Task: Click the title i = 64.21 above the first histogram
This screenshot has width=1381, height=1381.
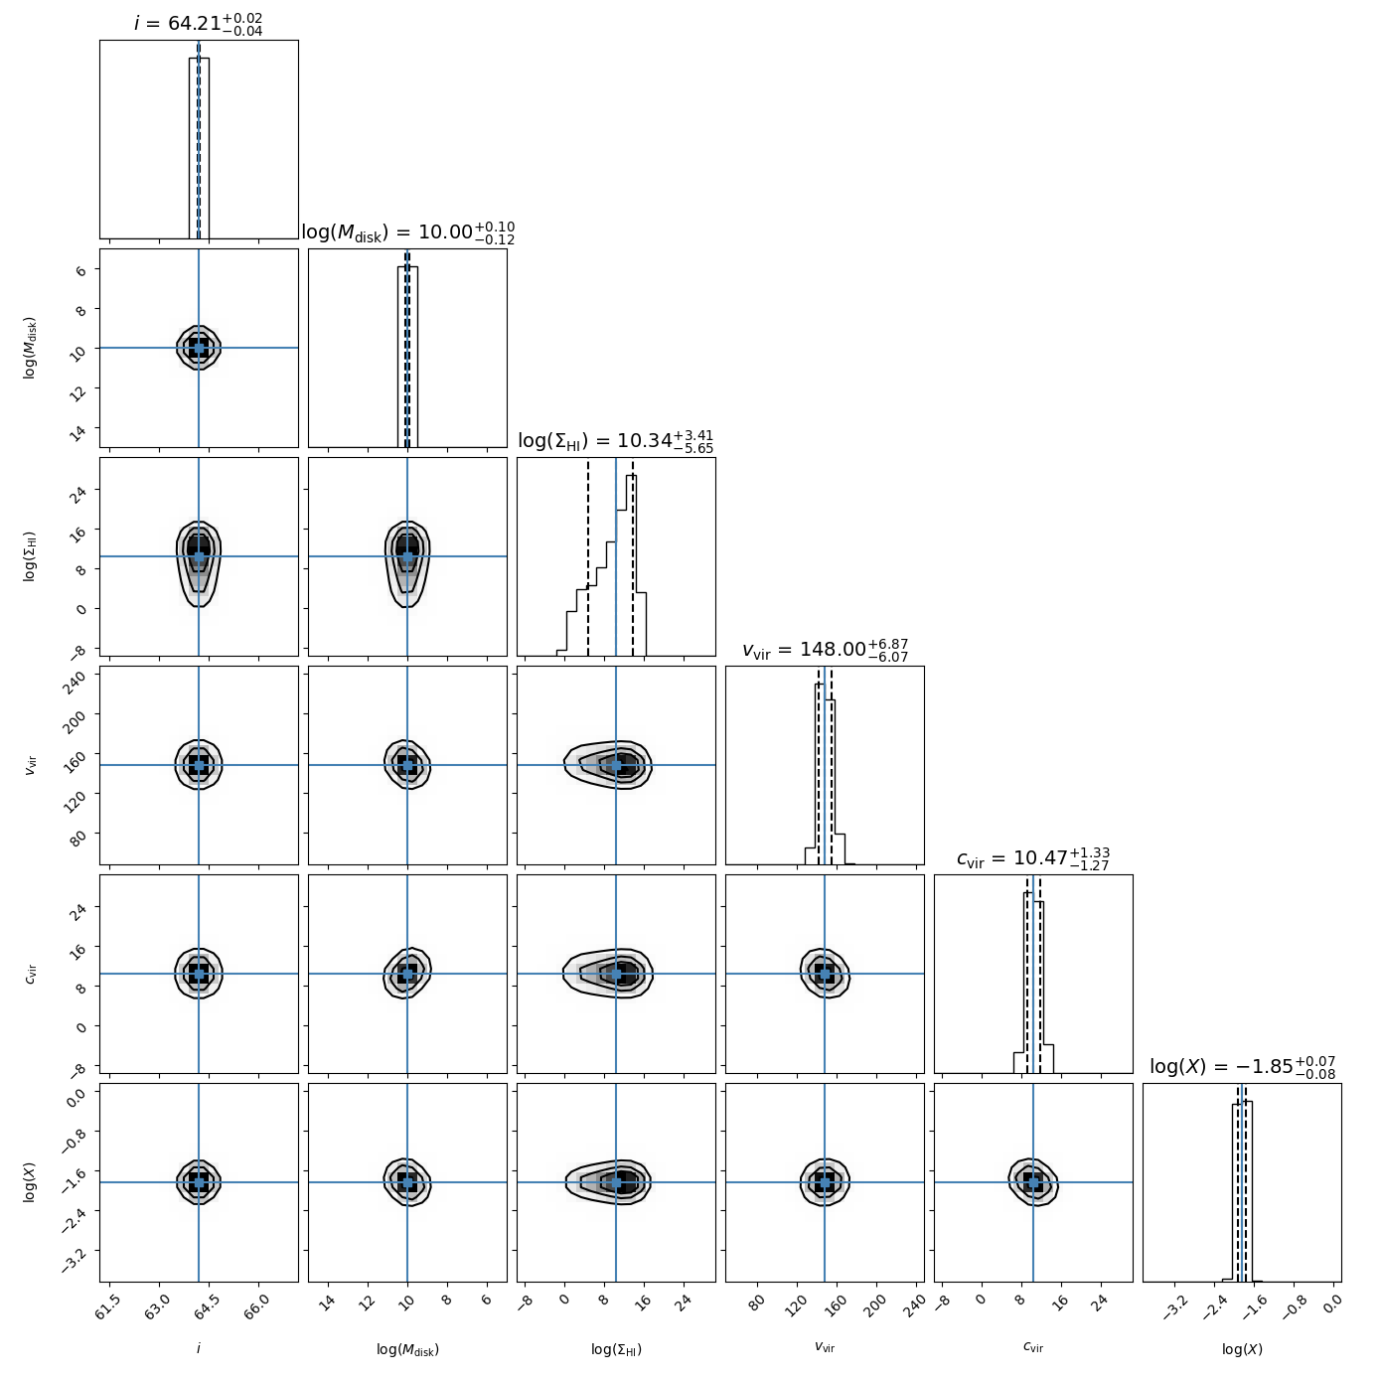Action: point(199,23)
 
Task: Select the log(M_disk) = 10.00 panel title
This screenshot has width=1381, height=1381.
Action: point(407,232)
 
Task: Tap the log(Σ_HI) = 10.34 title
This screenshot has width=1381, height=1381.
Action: point(616,441)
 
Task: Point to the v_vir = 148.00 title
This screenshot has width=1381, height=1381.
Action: point(825,650)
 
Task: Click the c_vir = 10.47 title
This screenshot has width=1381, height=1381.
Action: point(1033,858)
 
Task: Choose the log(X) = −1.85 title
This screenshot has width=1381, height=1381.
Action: point(1242,1067)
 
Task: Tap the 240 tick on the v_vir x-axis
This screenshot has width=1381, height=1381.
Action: point(912,1304)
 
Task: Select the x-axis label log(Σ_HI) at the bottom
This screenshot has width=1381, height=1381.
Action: point(616,1349)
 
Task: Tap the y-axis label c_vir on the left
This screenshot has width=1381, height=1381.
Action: point(31,974)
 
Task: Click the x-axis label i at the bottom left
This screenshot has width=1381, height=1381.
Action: point(199,1348)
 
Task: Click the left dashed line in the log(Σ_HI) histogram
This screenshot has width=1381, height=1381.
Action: point(588,556)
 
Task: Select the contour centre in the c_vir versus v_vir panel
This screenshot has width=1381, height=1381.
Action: point(825,974)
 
